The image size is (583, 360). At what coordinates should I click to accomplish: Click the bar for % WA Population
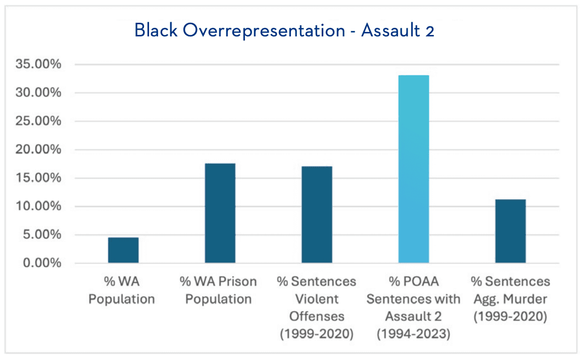point(123,250)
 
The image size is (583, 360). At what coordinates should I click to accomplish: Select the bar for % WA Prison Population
point(220,213)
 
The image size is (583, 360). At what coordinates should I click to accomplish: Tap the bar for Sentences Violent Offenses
point(317,215)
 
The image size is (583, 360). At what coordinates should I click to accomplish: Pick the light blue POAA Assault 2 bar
point(414,169)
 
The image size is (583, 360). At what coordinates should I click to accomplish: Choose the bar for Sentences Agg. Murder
point(510,231)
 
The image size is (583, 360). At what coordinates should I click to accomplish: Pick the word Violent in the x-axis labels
point(317,299)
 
